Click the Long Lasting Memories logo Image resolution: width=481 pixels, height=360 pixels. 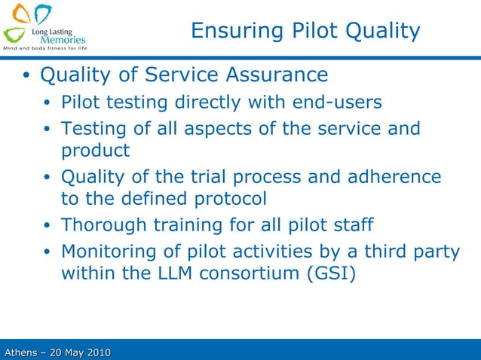tap(44, 25)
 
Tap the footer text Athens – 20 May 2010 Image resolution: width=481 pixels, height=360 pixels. tap(57, 352)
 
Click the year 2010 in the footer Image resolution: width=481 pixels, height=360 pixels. tap(97, 352)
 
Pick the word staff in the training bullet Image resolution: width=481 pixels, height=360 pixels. tap(354, 225)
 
